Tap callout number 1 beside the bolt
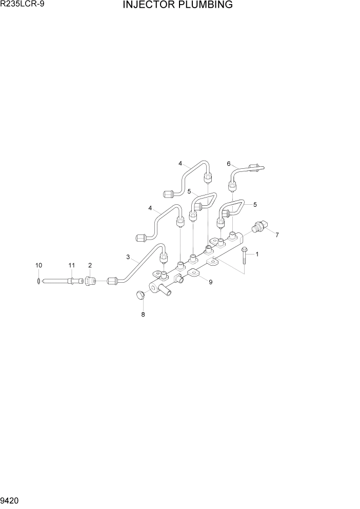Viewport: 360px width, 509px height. [257, 253]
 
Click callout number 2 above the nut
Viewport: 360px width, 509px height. [90, 265]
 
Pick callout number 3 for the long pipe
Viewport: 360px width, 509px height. [128, 257]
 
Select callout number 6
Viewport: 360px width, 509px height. [229, 164]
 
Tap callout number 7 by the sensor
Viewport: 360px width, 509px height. [277, 235]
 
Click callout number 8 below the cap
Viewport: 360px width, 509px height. [143, 315]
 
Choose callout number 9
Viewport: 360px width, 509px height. [210, 282]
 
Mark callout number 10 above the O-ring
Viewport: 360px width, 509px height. [38, 265]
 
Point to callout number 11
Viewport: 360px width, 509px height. [72, 265]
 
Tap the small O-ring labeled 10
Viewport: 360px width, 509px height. [39, 281]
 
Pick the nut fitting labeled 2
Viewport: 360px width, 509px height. [90, 281]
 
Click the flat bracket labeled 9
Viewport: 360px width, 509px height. [193, 273]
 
